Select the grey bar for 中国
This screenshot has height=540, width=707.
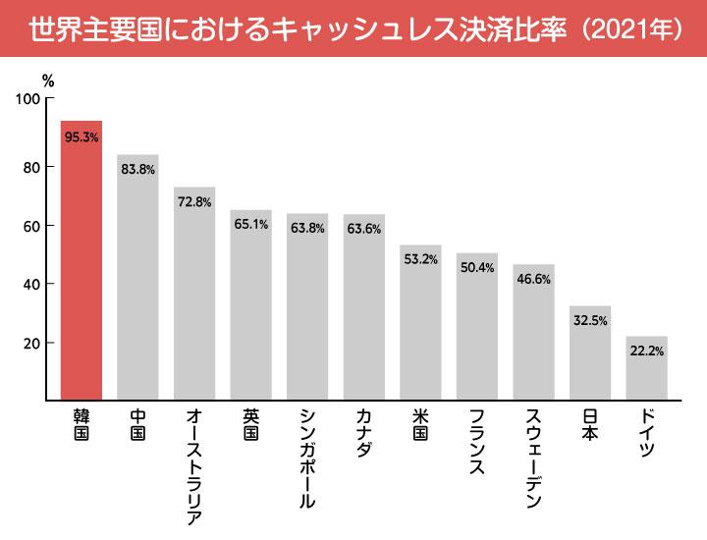point(137,280)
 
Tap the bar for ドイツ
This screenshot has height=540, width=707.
point(647,371)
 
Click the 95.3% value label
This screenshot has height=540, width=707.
point(82,137)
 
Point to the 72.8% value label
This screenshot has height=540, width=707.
point(194,202)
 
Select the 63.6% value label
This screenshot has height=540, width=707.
point(364,230)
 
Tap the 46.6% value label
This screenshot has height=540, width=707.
point(534,280)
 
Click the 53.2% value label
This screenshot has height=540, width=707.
point(420,260)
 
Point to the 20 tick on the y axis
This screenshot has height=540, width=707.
point(32,344)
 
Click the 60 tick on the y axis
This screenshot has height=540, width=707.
point(32,226)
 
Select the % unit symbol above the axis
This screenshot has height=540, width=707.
point(48,80)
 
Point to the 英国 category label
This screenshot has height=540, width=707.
point(251,425)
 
